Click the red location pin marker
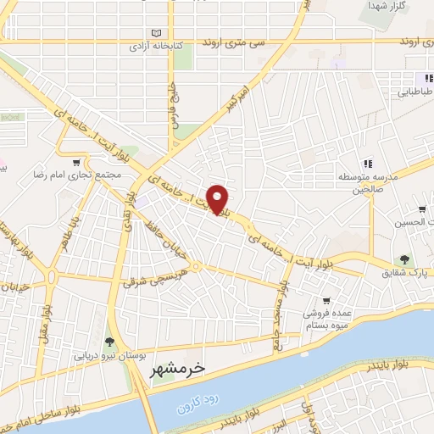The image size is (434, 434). [218, 198]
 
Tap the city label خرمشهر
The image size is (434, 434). [181, 369]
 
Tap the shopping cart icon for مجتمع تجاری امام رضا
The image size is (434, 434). [77, 162]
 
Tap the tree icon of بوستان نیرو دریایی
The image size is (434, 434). [108, 341]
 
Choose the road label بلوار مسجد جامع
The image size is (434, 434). [276, 303]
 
